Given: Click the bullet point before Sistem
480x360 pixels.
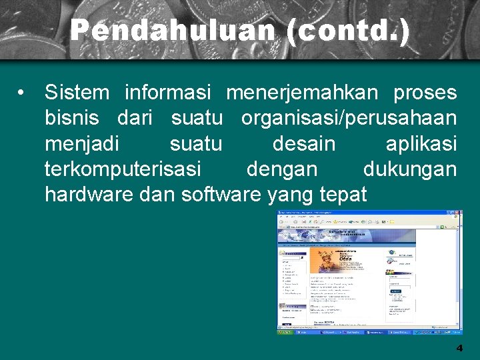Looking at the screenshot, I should click(x=23, y=92).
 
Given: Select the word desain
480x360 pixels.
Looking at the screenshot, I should click(x=304, y=143).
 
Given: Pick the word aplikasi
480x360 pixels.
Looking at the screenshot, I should click(x=421, y=143).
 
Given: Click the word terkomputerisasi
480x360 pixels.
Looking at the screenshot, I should click(x=123, y=169).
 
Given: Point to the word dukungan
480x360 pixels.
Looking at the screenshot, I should click(x=410, y=169).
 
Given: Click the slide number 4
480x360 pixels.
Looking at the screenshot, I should click(x=459, y=348).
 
